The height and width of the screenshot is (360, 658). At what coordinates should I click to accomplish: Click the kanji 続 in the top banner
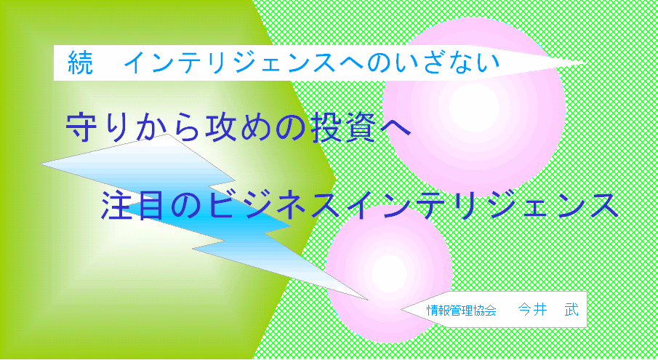pos(80,63)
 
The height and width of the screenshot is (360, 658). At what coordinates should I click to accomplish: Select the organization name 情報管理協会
pos(461,311)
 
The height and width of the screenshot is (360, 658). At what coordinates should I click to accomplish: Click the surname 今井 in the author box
pos(532,310)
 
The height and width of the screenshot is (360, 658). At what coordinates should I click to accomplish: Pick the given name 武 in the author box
pos(571,310)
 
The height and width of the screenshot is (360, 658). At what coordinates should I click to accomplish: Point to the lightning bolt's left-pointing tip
pos(41,164)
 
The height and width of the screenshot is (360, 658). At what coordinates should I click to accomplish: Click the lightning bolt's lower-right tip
pos(368,300)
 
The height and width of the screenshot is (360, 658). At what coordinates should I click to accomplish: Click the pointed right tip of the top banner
pos(584,63)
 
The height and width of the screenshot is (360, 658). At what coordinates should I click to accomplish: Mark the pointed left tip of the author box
pos(402,310)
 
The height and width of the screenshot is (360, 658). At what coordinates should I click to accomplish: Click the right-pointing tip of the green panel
pos(335,180)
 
